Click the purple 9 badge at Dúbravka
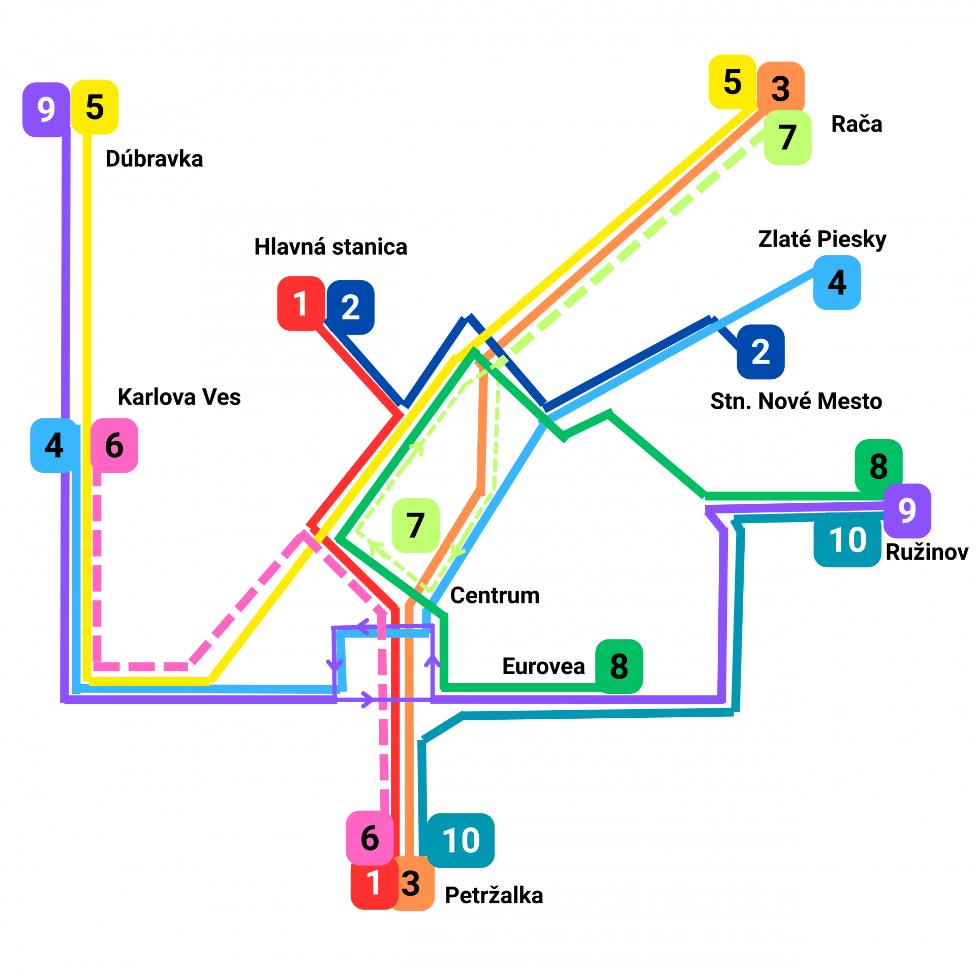[46, 110]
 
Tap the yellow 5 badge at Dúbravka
[95, 107]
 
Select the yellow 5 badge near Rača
[732, 82]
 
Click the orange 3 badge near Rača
[781, 88]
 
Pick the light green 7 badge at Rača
[787, 137]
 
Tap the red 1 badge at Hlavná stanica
[300, 303]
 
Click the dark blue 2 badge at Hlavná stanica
[351, 308]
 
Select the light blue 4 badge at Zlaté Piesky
[837, 283]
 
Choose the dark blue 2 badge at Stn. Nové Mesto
[760, 352]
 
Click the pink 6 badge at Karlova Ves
[114, 445]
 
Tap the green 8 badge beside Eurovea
[619, 666]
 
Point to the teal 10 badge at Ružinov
[847, 540]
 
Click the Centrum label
[495, 595]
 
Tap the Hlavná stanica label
[330, 247]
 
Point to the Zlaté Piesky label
[822, 239]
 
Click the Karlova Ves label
[179, 397]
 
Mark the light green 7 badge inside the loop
[415, 525]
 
